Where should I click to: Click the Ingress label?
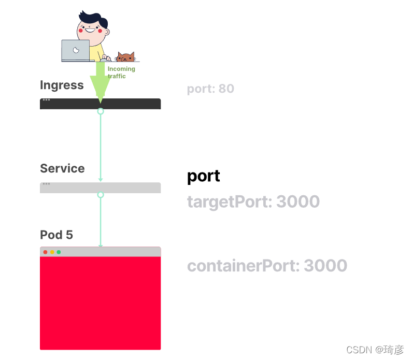(x=62, y=85)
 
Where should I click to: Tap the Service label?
(x=62, y=168)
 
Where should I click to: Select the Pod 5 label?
(x=56, y=235)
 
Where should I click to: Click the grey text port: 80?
(x=210, y=89)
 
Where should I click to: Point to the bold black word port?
(x=203, y=176)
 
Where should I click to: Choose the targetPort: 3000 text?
(x=253, y=201)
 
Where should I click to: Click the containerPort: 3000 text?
(x=267, y=266)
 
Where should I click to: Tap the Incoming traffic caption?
(x=121, y=72)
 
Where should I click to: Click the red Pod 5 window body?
(x=100, y=303)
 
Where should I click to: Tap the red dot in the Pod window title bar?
(x=46, y=252)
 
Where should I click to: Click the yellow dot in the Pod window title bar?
(x=52, y=252)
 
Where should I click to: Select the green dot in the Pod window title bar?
(x=59, y=252)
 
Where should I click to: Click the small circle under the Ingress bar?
(x=101, y=111)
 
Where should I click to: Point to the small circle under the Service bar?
(x=101, y=195)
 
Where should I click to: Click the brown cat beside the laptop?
(x=125, y=56)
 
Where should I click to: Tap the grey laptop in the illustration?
(x=75, y=51)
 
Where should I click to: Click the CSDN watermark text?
(x=375, y=350)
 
